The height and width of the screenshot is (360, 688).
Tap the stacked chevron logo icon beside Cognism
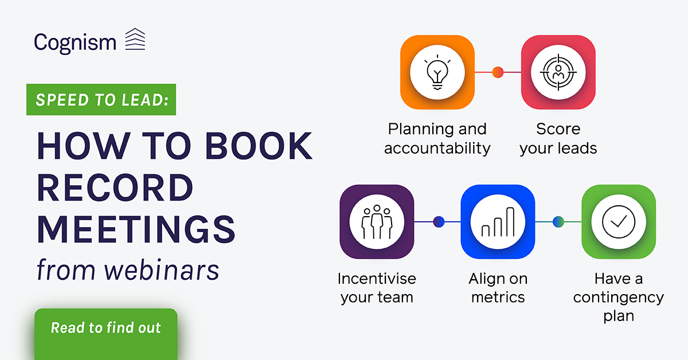[x=135, y=39]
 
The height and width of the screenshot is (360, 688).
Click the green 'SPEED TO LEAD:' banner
[x=101, y=100]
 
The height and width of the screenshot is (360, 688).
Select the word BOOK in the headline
[x=259, y=146]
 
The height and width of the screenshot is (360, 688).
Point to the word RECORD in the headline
[x=115, y=187]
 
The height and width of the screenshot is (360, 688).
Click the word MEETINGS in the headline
[x=136, y=229]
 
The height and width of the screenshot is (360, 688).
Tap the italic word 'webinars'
[x=162, y=270]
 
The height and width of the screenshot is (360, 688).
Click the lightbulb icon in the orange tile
[x=437, y=72]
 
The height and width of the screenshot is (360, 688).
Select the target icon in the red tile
[x=558, y=72]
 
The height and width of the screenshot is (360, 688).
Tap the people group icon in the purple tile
[x=377, y=222]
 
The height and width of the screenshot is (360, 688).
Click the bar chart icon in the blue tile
[x=498, y=222]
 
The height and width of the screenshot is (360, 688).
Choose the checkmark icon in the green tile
[x=619, y=222]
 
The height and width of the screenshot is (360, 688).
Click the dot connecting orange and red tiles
[x=498, y=72]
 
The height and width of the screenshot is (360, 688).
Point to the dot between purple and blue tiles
[x=439, y=222]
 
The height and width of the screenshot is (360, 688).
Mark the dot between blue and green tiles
[x=558, y=222]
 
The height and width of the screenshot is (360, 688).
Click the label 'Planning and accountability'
[x=437, y=139]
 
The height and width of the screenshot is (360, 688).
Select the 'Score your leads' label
[x=558, y=139]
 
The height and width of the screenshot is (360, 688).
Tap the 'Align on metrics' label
[x=498, y=288]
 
